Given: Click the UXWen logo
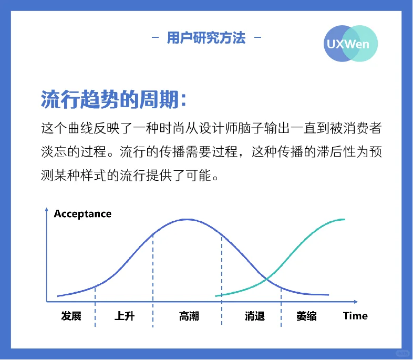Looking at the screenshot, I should (x=350, y=44).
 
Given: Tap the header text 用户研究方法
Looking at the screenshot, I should (x=206, y=38).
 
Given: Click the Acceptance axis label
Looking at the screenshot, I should (x=82, y=214).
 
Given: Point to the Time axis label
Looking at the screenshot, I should (x=355, y=316).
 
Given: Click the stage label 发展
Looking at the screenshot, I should (x=71, y=316).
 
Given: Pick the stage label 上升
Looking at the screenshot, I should (x=125, y=316).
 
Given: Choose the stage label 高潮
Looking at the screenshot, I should (x=189, y=316).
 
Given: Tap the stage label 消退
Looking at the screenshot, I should (x=254, y=316).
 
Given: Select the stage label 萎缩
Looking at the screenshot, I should (x=306, y=316).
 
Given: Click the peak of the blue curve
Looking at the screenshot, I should (x=186, y=218).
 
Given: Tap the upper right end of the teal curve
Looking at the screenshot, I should (x=344, y=219).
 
